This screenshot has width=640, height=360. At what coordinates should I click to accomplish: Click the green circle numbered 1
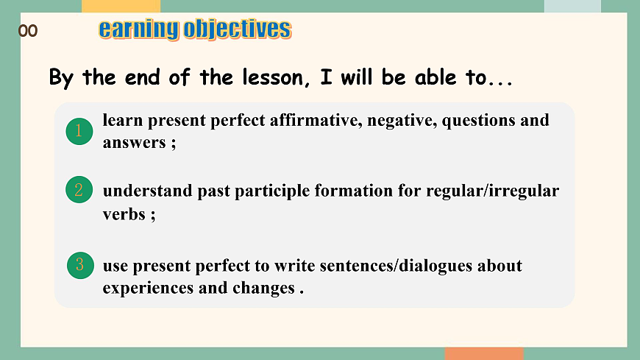(x=79, y=131)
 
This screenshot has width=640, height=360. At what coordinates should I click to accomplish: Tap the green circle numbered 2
(x=79, y=190)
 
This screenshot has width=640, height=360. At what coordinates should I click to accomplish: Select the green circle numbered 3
(x=80, y=265)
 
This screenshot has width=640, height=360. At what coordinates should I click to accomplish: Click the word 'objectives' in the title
(x=238, y=30)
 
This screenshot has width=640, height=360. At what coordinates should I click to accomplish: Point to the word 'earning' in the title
(x=139, y=30)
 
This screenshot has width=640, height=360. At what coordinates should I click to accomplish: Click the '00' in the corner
(x=28, y=31)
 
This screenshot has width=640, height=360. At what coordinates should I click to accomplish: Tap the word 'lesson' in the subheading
(x=273, y=77)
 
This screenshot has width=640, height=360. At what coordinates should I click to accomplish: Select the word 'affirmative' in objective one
(x=316, y=120)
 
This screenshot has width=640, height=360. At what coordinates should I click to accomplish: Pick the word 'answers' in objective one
(x=135, y=143)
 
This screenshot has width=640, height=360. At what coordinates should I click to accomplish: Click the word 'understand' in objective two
(x=147, y=191)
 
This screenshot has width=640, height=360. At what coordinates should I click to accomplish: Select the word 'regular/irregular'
(x=493, y=191)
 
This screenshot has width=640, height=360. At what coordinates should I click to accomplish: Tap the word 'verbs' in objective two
(x=124, y=214)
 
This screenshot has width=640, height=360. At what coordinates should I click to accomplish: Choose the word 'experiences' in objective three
(x=148, y=289)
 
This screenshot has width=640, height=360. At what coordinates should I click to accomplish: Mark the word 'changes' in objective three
(x=263, y=289)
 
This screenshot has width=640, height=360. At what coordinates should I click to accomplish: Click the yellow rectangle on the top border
(x=121, y=6)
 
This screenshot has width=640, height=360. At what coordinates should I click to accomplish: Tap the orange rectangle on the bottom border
(x=484, y=353)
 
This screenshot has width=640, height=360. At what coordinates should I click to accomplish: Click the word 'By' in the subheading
(x=61, y=78)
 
